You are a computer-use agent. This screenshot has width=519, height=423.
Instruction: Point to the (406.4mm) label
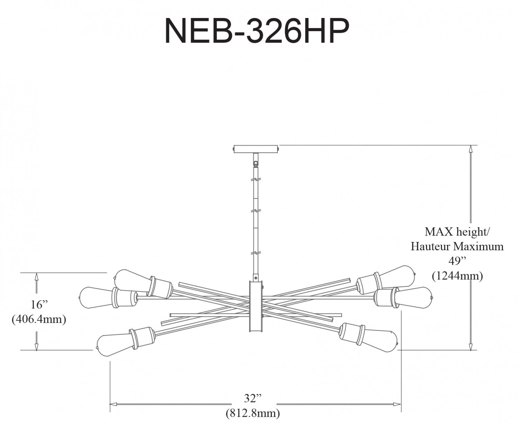coord(39,319)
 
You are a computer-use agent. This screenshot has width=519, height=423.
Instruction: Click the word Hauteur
coord(430,246)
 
